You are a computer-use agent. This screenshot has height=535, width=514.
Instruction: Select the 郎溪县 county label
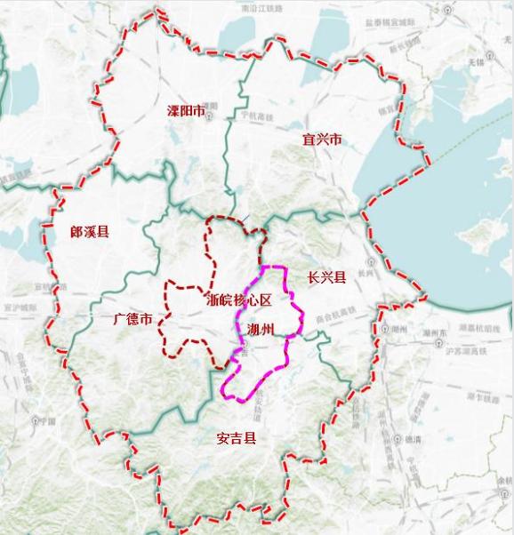tap(89, 232)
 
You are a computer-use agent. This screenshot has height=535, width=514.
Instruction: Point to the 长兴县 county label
tap(325, 276)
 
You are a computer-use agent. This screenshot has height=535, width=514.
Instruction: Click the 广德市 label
tap(126, 318)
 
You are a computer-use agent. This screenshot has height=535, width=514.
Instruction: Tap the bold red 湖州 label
tap(261, 331)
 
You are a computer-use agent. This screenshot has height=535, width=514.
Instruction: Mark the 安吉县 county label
tap(236, 437)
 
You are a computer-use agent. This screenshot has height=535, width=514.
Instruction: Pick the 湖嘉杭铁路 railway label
tap(460, 328)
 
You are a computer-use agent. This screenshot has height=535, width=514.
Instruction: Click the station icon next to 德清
tap(399, 439)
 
